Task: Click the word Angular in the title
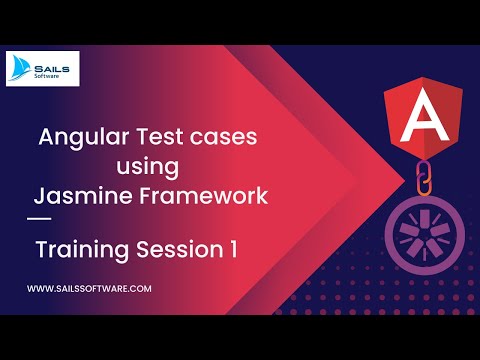click(x=82, y=139)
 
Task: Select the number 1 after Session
click(x=232, y=251)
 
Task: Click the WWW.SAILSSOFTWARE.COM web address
click(x=89, y=289)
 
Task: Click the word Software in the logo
click(x=57, y=74)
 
